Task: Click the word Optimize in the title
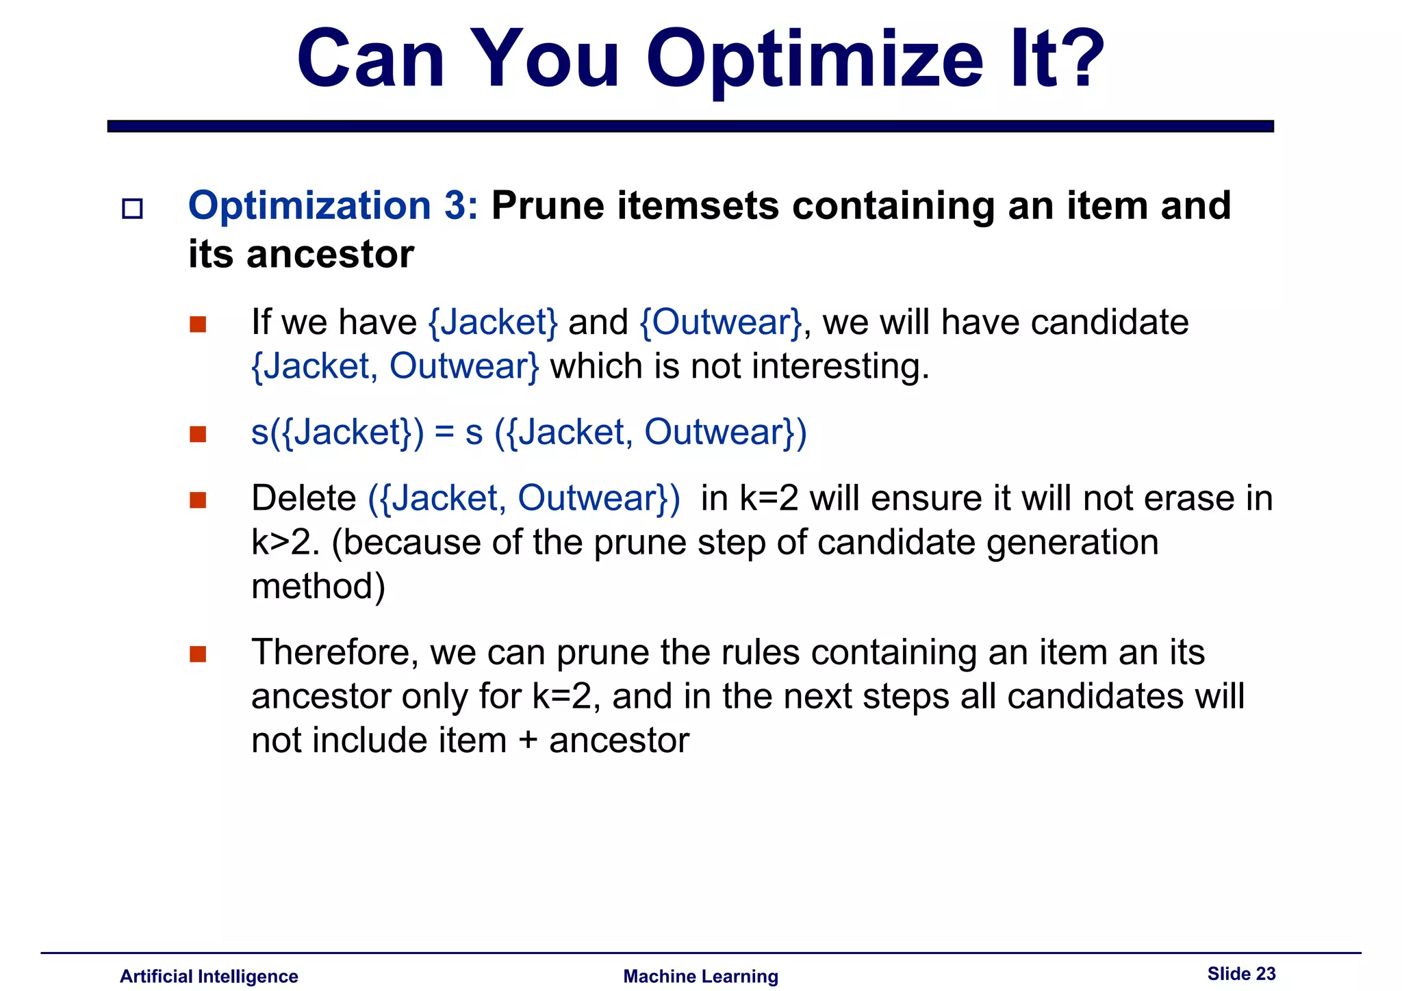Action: [815, 60]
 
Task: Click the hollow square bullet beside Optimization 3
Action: [132, 208]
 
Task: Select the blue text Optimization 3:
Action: [333, 205]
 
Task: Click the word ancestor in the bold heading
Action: [330, 255]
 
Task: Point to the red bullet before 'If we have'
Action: [198, 324]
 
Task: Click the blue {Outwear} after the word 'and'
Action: [721, 322]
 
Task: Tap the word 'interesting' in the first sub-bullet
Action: [835, 366]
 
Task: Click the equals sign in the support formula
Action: [444, 433]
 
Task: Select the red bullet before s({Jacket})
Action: [198, 434]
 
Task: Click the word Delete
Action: [303, 498]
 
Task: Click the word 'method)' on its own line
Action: [318, 587]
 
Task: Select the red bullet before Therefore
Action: [198, 654]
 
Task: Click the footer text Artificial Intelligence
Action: [209, 976]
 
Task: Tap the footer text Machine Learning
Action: [700, 976]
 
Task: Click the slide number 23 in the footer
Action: [1266, 973]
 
